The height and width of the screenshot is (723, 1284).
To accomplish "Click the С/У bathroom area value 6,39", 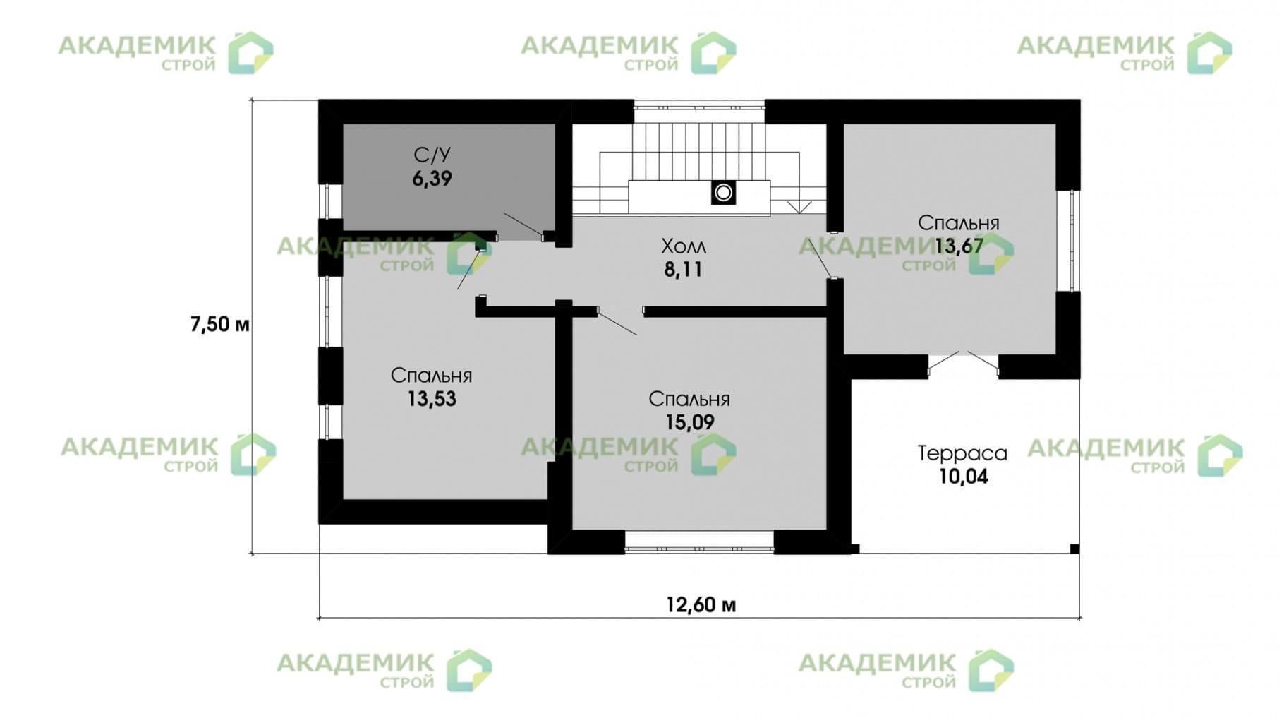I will tap(432, 179).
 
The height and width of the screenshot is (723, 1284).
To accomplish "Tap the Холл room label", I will tap(683, 246).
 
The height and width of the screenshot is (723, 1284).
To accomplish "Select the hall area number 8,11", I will tap(683, 269).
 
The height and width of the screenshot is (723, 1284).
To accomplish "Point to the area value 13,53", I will tap(431, 399).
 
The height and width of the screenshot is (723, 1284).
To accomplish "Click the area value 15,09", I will tap(689, 422).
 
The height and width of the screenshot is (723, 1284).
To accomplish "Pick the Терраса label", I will tap(962, 453).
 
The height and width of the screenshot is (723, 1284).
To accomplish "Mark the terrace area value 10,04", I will tap(962, 477).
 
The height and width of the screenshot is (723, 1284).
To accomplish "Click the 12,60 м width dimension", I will tap(701, 605).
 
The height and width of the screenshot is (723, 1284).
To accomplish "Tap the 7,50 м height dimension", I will tap(219, 324).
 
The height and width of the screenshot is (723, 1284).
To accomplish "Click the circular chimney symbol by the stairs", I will tap(723, 192).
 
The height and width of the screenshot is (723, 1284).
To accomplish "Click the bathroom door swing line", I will tap(523, 225).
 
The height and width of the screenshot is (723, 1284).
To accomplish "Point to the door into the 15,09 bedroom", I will tap(618, 322).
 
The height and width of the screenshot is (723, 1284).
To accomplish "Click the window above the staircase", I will tap(698, 107).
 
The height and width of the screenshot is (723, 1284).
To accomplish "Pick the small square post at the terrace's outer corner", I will tap(1074, 549).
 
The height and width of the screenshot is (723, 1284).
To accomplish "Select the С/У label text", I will tap(432, 155).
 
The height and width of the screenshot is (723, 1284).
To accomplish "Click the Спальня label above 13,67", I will tap(958, 223).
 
